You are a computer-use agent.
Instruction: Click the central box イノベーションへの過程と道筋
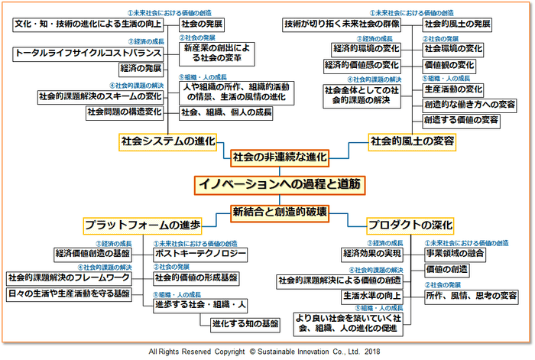tap(268, 184)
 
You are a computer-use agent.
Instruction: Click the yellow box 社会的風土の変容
tap(412, 141)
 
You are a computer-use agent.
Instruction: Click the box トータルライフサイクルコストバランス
tap(89, 54)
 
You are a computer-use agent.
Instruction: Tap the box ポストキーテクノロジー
tap(200, 253)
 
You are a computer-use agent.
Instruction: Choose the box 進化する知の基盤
tap(245, 323)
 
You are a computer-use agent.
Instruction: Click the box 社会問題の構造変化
tap(125, 112)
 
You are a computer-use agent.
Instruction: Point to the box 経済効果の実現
tap(372, 253)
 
